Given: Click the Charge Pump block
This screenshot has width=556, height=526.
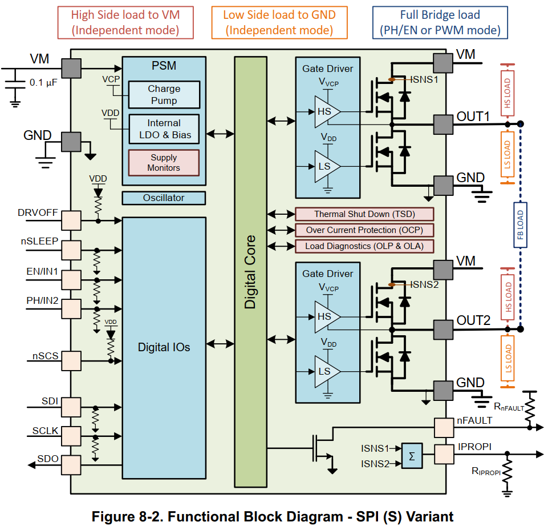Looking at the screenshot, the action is (x=164, y=94).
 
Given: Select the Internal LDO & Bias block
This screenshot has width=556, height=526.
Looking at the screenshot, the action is (x=164, y=129).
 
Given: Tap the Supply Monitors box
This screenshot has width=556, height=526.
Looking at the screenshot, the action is (x=164, y=163).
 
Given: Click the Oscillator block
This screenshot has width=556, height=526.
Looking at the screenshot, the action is (x=164, y=198).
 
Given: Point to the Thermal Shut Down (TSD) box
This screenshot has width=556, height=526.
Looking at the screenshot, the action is (x=364, y=214).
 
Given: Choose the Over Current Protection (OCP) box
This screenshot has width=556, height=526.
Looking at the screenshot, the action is (x=364, y=230).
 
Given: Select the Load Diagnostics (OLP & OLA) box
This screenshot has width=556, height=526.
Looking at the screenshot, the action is (x=364, y=246).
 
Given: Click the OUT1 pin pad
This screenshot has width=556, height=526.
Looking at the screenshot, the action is (x=443, y=125).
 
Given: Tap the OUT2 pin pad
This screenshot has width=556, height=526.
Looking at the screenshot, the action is (x=443, y=330).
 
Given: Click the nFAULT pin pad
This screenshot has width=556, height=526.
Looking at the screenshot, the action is (x=444, y=428).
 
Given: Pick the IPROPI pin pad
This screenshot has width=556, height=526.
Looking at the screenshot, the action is (x=444, y=454).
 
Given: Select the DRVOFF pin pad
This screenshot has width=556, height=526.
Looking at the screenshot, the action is (x=71, y=220).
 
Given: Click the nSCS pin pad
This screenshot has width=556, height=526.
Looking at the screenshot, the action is (x=71, y=361).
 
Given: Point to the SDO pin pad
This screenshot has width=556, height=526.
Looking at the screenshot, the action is (x=71, y=465).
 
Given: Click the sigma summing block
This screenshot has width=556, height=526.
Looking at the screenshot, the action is (x=412, y=456).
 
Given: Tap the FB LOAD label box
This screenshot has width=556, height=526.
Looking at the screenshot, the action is (x=520, y=225).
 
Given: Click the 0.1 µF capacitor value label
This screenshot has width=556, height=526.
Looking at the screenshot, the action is (x=43, y=83).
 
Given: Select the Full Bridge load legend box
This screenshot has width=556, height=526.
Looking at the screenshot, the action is (x=440, y=22).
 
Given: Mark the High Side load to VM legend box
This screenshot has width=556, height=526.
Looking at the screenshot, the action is (x=125, y=22).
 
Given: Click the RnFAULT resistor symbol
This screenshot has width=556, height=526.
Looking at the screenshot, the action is (x=530, y=409).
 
